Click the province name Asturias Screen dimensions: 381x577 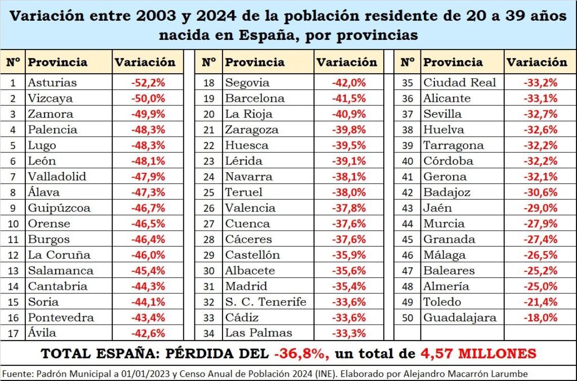[52, 82]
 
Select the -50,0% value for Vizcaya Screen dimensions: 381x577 [148, 98]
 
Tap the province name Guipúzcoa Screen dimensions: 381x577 [59, 208]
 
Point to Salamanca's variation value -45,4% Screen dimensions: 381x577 [148, 271]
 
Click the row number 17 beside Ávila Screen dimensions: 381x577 [13, 333]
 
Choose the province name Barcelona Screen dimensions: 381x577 [255, 98]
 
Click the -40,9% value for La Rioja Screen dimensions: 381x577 [349, 114]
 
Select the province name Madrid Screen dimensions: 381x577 [246, 286]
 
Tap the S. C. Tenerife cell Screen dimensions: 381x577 [265, 302]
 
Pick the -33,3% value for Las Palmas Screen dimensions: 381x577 [349, 333]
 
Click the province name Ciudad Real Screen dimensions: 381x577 [459, 82]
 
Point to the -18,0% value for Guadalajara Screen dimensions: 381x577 [540, 317]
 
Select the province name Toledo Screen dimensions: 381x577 [442, 302]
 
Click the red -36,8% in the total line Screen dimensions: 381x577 [301, 354]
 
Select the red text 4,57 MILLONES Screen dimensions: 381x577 [478, 354]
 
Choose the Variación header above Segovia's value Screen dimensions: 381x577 [347, 62]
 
